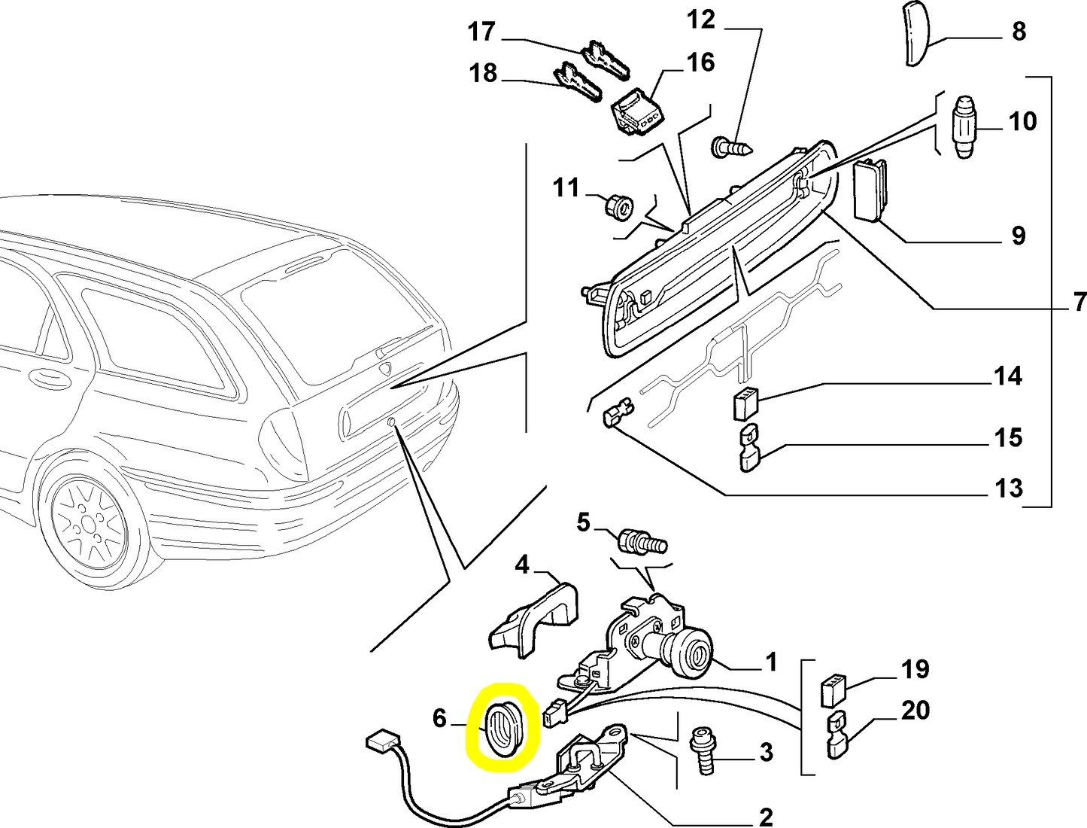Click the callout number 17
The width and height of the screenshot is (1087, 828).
point(481,32)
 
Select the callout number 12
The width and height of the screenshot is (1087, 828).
point(700,20)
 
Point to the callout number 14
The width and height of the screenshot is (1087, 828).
point(1007,376)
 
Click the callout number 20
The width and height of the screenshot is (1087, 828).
point(915,710)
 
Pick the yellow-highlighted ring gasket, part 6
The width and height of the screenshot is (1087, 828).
point(503,727)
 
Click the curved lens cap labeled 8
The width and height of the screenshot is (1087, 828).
point(916,34)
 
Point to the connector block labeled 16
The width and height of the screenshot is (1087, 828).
point(636,112)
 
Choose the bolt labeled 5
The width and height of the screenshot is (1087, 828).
point(642,541)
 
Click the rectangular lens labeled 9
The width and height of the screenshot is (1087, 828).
point(870,190)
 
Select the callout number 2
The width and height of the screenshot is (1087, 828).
point(765,816)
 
